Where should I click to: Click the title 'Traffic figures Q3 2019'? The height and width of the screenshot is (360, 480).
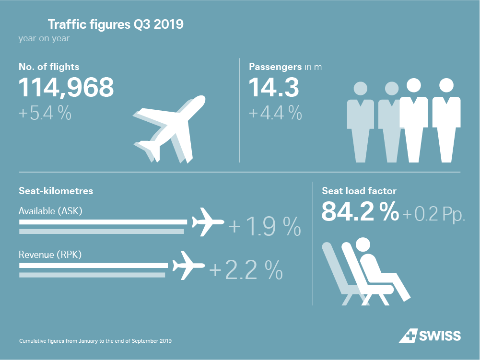115,24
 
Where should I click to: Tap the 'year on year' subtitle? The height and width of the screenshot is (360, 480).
44,38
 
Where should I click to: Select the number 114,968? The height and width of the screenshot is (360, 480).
66,88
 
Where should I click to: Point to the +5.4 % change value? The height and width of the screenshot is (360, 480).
45,114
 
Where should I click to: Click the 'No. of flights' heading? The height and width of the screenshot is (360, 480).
49,67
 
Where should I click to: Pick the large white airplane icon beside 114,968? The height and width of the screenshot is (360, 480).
170,127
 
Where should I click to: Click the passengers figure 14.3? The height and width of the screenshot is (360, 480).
274,88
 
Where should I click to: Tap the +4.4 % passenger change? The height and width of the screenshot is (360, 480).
275,114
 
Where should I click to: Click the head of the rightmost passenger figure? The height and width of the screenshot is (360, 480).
446,85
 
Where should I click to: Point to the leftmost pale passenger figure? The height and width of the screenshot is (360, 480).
361,122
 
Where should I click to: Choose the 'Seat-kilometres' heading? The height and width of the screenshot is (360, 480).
56,191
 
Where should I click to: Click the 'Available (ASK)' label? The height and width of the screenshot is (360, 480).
50,211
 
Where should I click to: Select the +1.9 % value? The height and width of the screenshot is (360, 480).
265,227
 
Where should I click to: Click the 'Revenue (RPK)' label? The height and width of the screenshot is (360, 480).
50,255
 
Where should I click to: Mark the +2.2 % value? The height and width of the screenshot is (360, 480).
246,270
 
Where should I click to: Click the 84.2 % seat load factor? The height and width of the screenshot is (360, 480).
360,211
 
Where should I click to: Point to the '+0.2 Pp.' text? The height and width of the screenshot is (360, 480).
434,214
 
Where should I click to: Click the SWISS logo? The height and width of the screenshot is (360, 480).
430,336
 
